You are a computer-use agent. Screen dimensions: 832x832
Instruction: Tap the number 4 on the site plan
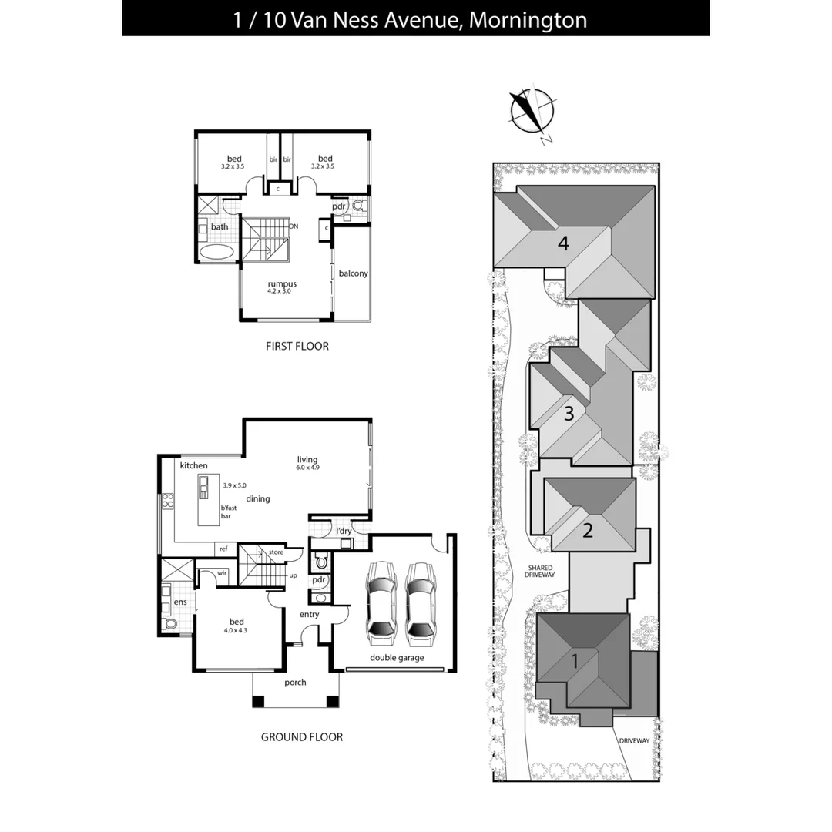click(x=564, y=244)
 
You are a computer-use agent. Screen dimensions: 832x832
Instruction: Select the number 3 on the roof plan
click(x=569, y=414)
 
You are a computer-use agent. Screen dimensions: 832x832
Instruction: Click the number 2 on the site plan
click(x=587, y=530)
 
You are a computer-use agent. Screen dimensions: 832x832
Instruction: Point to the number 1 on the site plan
click(x=575, y=660)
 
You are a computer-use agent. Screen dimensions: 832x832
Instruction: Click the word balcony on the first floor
click(x=354, y=273)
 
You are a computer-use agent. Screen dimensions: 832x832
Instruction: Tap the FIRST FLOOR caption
click(x=297, y=347)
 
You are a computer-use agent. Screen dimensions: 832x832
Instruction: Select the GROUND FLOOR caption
click(x=301, y=737)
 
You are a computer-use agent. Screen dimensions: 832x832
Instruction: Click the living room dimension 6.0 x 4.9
click(x=307, y=468)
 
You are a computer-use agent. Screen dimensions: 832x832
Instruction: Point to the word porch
click(x=295, y=683)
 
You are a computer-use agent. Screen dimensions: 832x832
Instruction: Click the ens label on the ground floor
click(x=180, y=602)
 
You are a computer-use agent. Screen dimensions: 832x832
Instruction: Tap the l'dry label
click(x=344, y=532)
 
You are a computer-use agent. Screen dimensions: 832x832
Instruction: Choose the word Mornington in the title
click(x=528, y=19)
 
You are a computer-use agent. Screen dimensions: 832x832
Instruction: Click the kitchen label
click(x=193, y=466)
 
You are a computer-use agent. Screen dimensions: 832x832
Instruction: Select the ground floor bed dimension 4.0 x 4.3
click(x=237, y=630)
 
